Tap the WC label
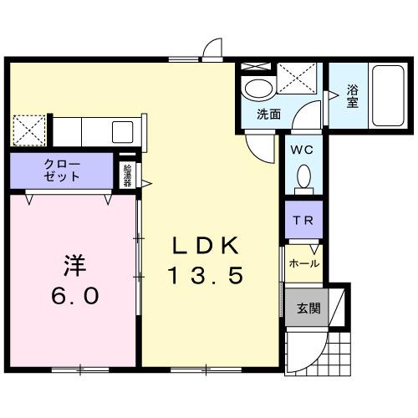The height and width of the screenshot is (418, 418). click(x=302, y=150)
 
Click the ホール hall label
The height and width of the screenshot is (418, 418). click(x=303, y=263)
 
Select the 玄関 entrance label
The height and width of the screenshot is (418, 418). click(x=307, y=308)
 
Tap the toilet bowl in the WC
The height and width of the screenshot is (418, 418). click(x=303, y=176)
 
